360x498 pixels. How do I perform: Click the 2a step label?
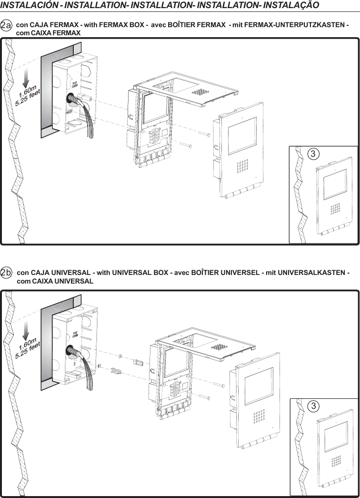(x=7, y=24)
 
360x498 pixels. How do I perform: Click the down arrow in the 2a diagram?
(x=26, y=77)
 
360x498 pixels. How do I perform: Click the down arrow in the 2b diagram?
(x=26, y=329)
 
